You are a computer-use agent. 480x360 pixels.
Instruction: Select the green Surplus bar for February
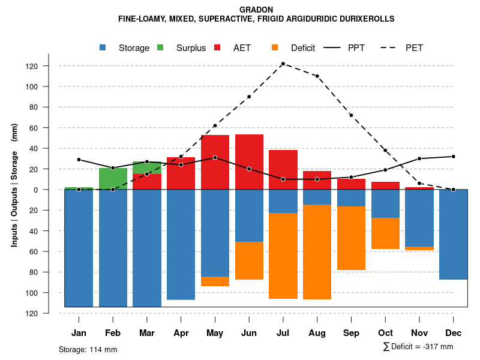point(113,178)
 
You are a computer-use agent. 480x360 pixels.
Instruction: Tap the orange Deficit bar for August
point(317,252)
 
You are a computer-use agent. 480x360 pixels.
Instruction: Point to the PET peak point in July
point(283,64)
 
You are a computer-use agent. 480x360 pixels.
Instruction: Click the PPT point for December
point(454,157)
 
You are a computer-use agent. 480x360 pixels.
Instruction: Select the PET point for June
point(249,97)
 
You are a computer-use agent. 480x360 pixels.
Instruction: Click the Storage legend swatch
point(104,47)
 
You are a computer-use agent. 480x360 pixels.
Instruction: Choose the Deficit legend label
point(303,48)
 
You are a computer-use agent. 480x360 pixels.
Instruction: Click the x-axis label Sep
point(351,333)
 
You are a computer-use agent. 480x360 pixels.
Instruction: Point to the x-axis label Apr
point(181,333)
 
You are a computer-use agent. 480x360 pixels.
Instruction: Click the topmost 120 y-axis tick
point(49,66)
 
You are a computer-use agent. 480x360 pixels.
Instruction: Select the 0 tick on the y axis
point(52,190)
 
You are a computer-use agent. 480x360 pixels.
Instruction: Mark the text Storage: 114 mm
point(88,349)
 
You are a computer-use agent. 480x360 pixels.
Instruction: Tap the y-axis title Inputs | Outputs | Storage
point(14,190)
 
